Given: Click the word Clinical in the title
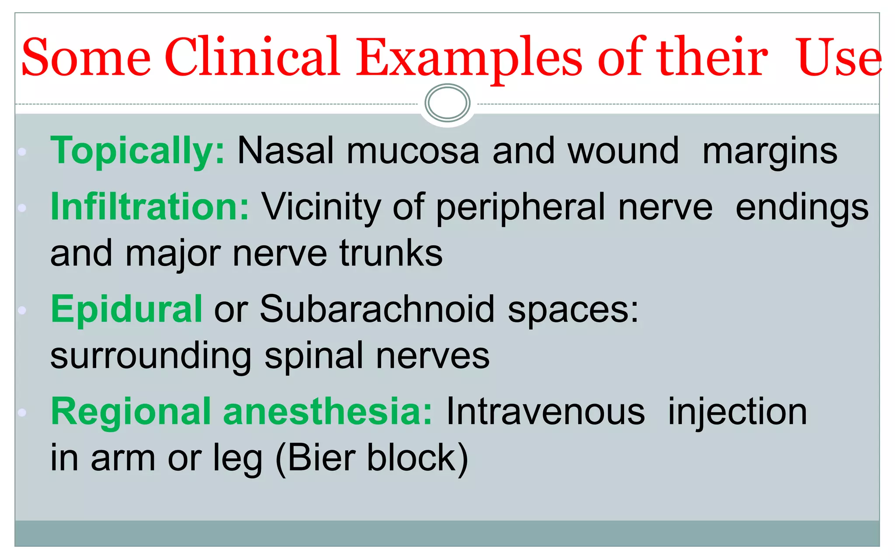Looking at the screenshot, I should tap(252, 58).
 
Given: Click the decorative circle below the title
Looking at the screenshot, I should tap(447, 103).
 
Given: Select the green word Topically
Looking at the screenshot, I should tap(137, 151).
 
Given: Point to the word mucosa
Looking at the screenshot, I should tap(413, 151).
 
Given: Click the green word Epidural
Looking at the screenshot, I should tap(126, 309).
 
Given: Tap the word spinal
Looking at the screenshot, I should tap(314, 356).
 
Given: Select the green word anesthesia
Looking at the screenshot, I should tap(328, 412).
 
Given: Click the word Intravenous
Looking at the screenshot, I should tap(545, 412).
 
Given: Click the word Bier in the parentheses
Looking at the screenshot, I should tap(321, 458).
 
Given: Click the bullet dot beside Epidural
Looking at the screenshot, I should tap(22, 310).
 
